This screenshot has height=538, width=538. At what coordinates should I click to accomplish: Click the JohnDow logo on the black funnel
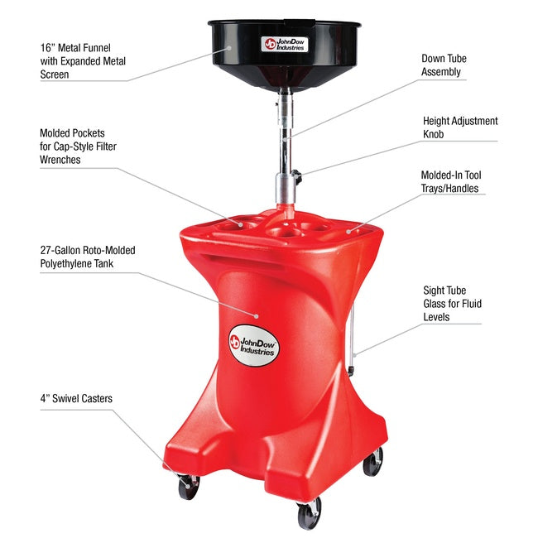click(x=284, y=45)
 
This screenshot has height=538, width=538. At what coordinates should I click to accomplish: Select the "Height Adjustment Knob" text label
click(x=459, y=127)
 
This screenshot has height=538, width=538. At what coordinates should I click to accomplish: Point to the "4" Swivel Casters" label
click(x=76, y=399)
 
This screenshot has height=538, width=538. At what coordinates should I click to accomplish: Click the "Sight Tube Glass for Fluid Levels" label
click(x=452, y=304)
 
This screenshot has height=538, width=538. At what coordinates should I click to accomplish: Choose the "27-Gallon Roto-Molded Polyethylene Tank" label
click(x=88, y=256)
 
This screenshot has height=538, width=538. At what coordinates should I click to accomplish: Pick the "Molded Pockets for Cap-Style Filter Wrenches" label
click(x=84, y=146)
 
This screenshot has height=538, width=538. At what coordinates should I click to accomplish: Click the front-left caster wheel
click(x=189, y=487)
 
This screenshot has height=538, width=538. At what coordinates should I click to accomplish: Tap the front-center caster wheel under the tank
click(x=309, y=516)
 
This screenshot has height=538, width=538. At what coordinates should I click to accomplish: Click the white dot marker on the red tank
click(x=257, y=315)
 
